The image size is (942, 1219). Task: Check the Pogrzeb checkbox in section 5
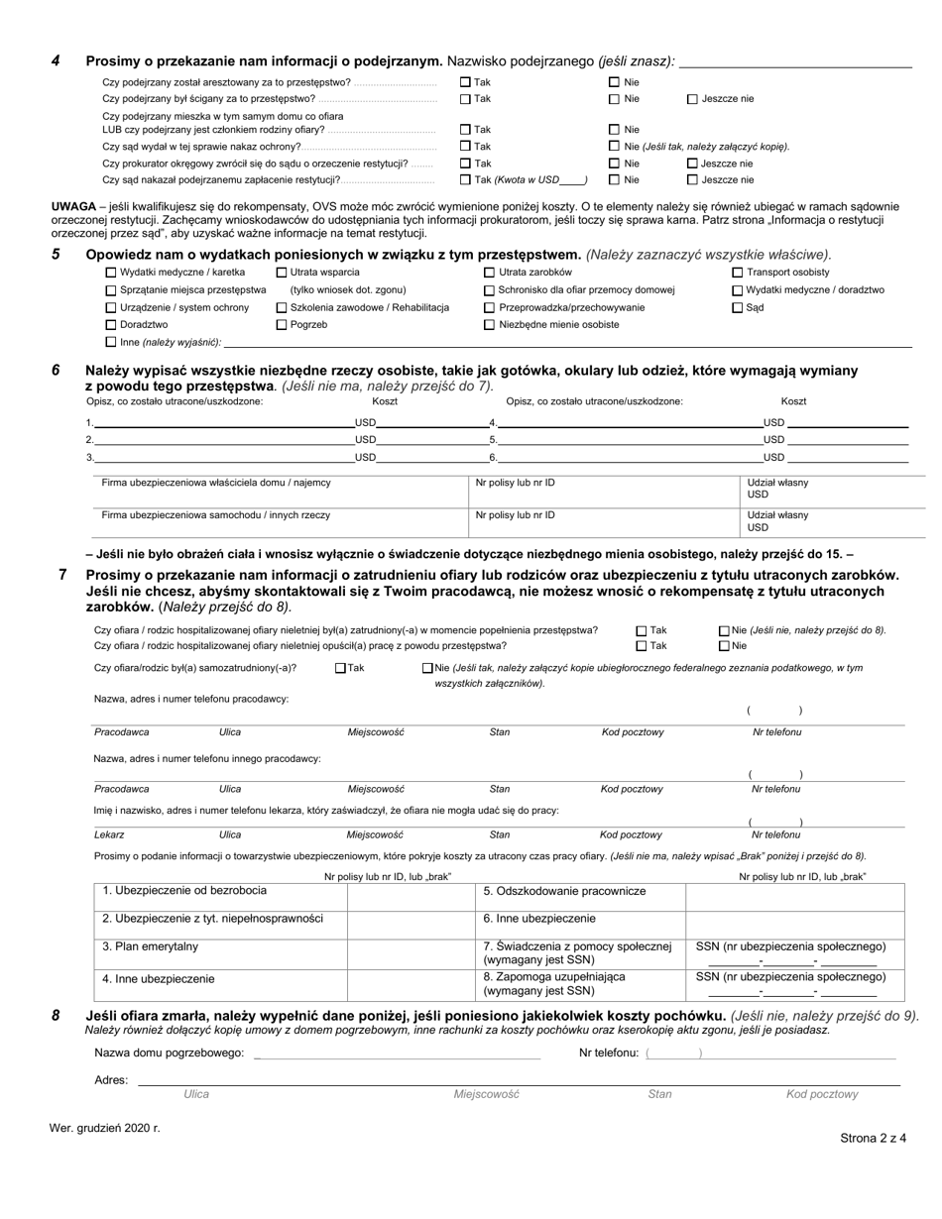click(281, 324)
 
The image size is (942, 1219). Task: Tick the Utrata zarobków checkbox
click(489, 273)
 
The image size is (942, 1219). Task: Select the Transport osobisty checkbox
click(737, 273)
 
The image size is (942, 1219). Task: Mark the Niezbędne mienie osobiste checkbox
click(489, 324)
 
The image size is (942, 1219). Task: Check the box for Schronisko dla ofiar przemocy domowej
click(489, 290)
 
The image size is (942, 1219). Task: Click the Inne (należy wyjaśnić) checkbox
click(110, 342)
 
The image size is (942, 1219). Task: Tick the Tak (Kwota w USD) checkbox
click(466, 180)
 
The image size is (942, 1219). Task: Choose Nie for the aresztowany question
click(614, 82)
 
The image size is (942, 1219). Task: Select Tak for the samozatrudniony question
click(340, 668)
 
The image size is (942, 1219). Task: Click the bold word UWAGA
click(73, 207)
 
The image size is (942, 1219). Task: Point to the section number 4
click(56, 61)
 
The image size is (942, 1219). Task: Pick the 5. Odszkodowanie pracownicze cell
click(580, 892)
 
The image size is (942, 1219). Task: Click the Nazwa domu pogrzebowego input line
click(397, 1053)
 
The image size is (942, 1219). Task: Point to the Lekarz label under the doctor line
click(109, 835)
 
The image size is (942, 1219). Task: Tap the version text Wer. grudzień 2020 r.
click(104, 1128)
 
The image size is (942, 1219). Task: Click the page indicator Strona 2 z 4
click(873, 1139)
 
